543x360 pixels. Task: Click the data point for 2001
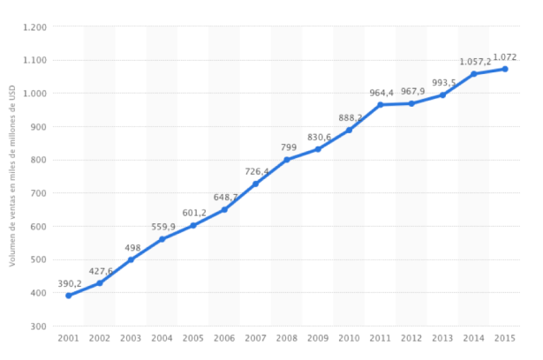[x=68, y=296]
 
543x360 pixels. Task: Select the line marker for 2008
[x=287, y=160]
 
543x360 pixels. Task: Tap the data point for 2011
[x=381, y=105]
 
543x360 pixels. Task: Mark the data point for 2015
[x=505, y=69]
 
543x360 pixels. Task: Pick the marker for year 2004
[x=162, y=239]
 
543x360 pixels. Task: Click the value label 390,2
[x=69, y=283]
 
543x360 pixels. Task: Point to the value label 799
[x=289, y=147]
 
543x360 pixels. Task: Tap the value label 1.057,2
[x=475, y=62]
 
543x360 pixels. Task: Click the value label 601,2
[x=194, y=213]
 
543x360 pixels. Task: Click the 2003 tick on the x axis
[x=131, y=338]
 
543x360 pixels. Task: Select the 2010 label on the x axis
[x=349, y=338]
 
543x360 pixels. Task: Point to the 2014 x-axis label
[x=473, y=338]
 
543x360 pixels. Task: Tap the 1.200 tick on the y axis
[x=34, y=27]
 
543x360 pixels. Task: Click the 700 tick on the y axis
[x=37, y=193]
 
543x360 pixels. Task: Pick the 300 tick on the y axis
[x=37, y=326]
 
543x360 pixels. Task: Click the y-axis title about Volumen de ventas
[x=13, y=176]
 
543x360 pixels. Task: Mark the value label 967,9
[x=413, y=91]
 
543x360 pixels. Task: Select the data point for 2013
[x=442, y=95]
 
